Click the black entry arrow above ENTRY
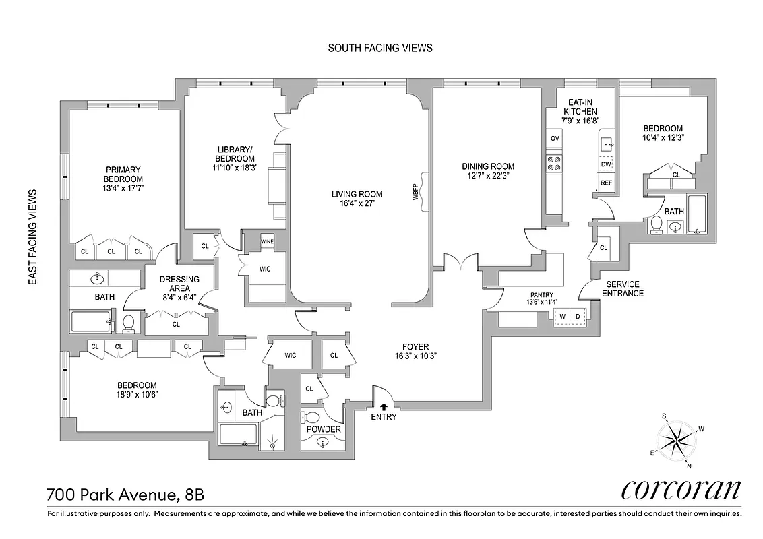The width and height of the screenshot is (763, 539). click(384, 406)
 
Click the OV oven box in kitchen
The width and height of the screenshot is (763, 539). click(555, 138)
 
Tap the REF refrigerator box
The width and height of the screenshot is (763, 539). click(606, 183)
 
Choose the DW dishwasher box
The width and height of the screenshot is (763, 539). click(606, 164)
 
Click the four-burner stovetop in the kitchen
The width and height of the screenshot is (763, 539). click(555, 163)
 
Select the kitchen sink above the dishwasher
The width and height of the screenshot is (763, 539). click(606, 144)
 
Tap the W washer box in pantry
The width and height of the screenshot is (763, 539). click(561, 315)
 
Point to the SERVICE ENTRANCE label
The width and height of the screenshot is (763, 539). click(622, 288)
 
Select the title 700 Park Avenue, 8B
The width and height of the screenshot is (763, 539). click(125, 495)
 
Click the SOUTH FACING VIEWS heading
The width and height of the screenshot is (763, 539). click(379, 48)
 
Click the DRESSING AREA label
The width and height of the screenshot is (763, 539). click(179, 284)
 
